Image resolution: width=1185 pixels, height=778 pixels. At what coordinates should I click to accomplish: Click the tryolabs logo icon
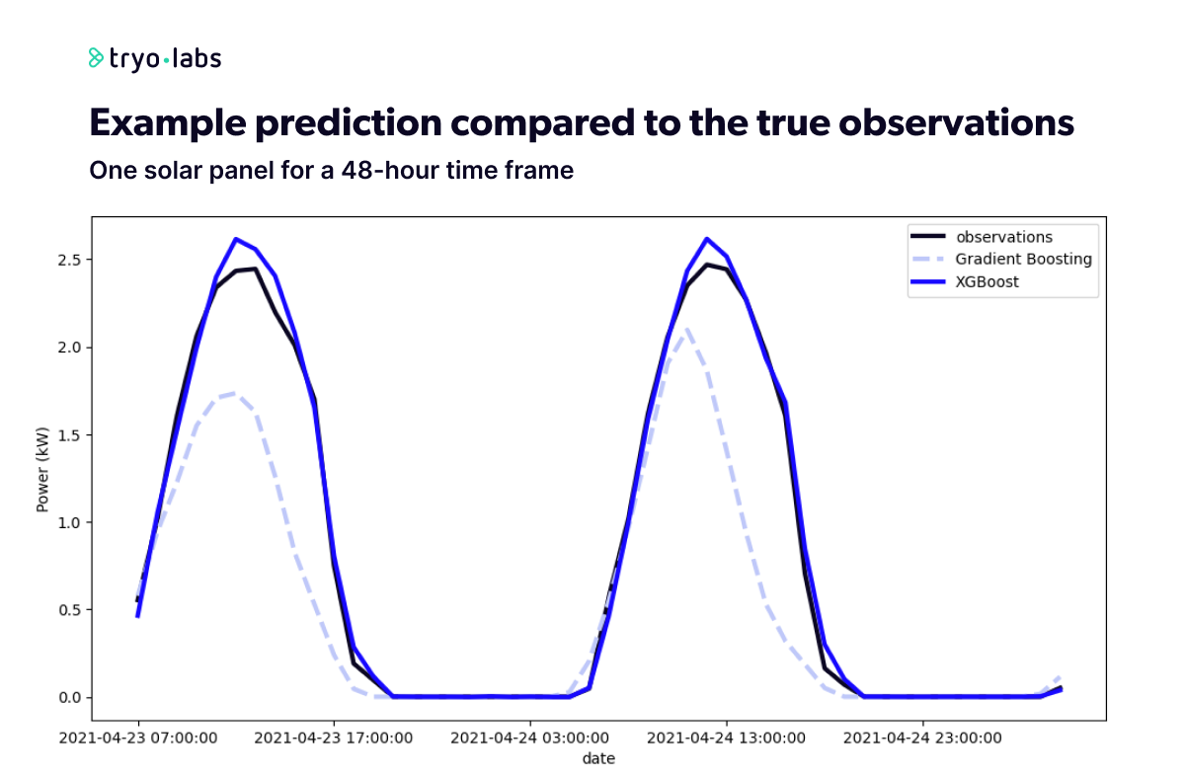tap(96, 58)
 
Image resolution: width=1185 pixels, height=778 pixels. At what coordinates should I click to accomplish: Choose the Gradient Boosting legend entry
tap(1023, 259)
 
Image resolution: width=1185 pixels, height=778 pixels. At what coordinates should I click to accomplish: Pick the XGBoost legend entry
tap(987, 281)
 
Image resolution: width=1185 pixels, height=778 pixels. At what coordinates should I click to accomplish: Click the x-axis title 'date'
tap(598, 758)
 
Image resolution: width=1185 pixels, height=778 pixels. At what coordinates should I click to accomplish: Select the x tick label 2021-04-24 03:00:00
tap(529, 738)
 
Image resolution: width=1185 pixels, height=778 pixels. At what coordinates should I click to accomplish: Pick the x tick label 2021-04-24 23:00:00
tap(922, 738)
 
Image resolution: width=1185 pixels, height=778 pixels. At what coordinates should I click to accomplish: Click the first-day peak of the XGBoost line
tap(236, 239)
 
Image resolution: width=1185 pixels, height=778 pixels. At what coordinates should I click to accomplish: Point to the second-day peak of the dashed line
tap(686, 330)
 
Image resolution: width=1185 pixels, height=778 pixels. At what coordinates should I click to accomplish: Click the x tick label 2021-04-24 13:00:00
tap(726, 738)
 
